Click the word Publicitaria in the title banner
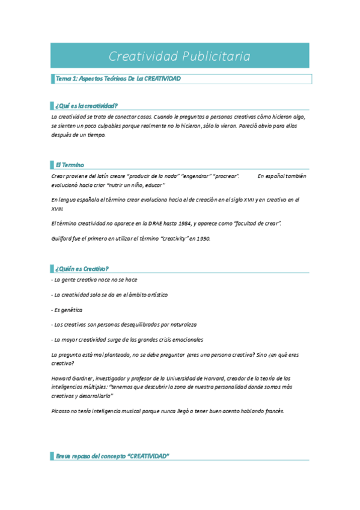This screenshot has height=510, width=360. point(214,57)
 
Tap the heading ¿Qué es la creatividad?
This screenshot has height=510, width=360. point(87,105)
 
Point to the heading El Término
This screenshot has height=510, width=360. point(70,164)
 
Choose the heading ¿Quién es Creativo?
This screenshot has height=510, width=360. point(82,268)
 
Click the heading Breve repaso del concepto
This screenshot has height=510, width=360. point(112,456)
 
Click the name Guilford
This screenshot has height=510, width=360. point(63,239)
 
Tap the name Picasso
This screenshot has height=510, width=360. point(61,411)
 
